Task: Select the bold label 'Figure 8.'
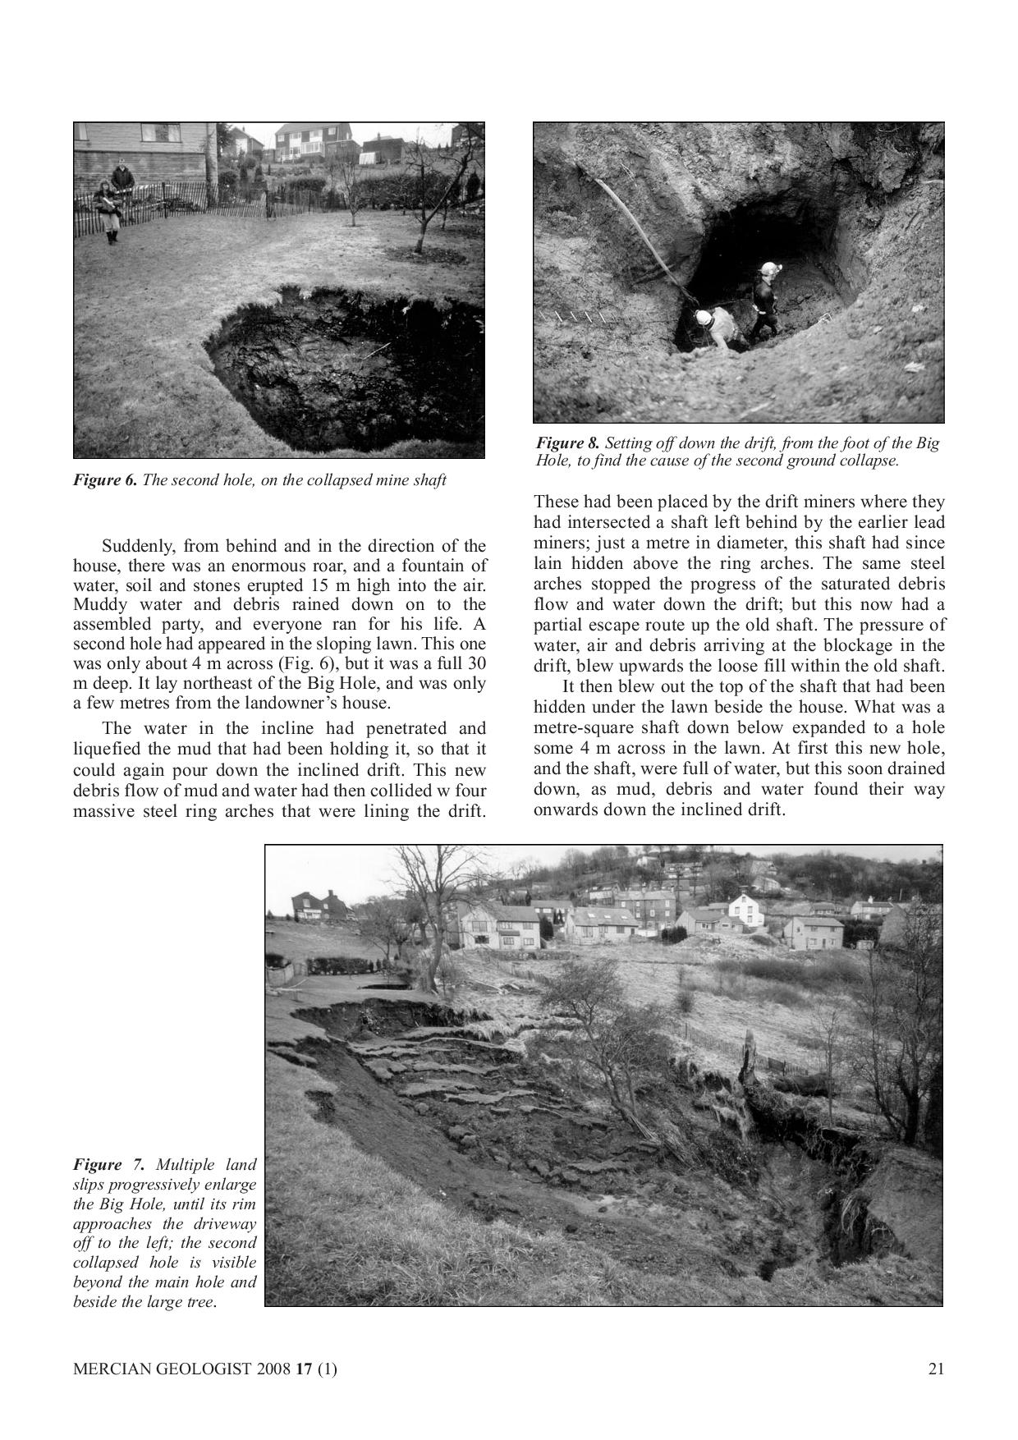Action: point(568,443)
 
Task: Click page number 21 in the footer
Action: point(936,1369)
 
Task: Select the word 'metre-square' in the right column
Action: point(580,727)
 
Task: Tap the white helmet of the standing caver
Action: point(769,268)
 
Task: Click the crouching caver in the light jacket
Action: point(714,327)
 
